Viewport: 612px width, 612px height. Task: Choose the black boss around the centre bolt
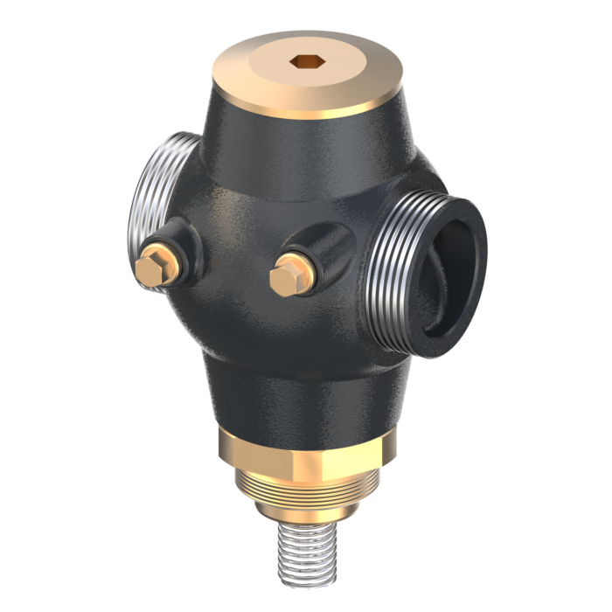click(319, 254)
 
